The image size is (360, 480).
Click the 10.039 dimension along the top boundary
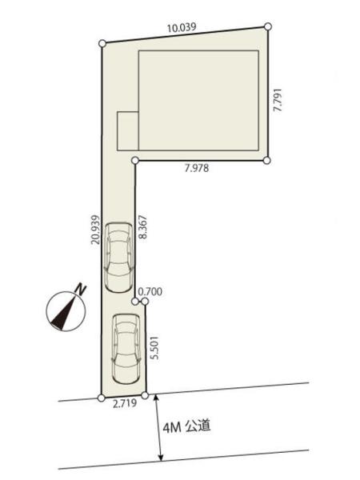[x=182, y=27]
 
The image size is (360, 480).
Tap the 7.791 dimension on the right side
[x=278, y=100]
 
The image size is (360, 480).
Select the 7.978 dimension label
[x=197, y=168]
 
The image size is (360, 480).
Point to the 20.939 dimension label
[x=95, y=230]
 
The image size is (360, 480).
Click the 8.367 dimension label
[x=142, y=227]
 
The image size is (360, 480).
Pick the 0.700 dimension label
[x=150, y=292]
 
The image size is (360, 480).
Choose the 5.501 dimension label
[x=155, y=348]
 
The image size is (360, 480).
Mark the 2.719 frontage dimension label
[x=125, y=404]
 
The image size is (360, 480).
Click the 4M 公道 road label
[x=186, y=426]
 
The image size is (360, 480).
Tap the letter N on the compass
[x=81, y=290]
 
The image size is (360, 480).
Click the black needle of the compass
[x=63, y=313]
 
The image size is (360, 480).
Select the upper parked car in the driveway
[x=119, y=258]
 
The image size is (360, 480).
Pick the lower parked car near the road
[x=126, y=349]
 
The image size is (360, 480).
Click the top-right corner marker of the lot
[x=268, y=26]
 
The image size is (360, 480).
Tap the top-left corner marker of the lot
[x=102, y=43]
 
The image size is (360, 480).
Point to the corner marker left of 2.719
[x=101, y=398]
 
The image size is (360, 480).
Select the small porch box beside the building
[x=128, y=131]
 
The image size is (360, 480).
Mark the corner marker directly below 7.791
[x=267, y=161]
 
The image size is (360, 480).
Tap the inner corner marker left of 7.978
[x=135, y=160]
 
